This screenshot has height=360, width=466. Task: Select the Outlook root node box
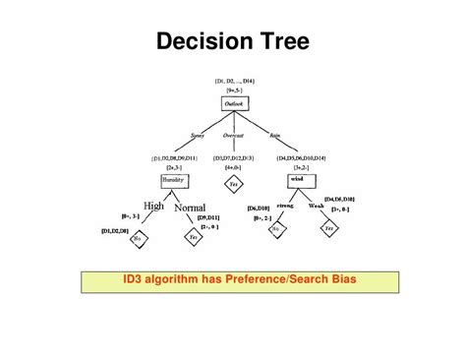(x=233, y=102)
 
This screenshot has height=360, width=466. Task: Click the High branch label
(x=153, y=206)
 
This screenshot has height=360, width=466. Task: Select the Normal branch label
(x=190, y=209)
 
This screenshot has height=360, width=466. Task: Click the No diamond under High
(x=139, y=237)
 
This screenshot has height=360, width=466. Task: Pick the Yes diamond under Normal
(x=194, y=237)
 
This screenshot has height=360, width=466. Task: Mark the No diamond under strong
(x=276, y=228)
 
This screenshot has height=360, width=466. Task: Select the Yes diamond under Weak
(x=329, y=228)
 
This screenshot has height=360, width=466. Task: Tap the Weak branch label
(x=317, y=205)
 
